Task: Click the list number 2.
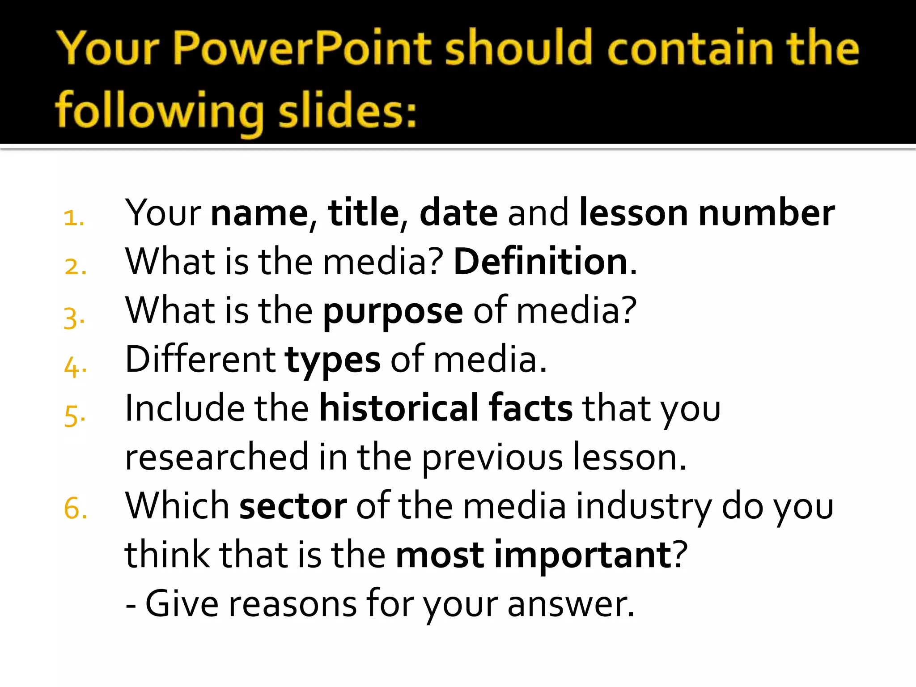click(x=75, y=267)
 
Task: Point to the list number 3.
click(x=74, y=318)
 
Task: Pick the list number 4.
click(x=75, y=367)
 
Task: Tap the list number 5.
click(x=74, y=416)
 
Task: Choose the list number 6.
click(x=75, y=509)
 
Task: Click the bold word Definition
click(x=541, y=261)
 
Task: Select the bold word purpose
click(x=393, y=311)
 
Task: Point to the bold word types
click(x=333, y=360)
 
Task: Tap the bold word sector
click(x=293, y=506)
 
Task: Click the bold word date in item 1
click(x=458, y=212)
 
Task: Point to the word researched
click(x=216, y=457)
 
